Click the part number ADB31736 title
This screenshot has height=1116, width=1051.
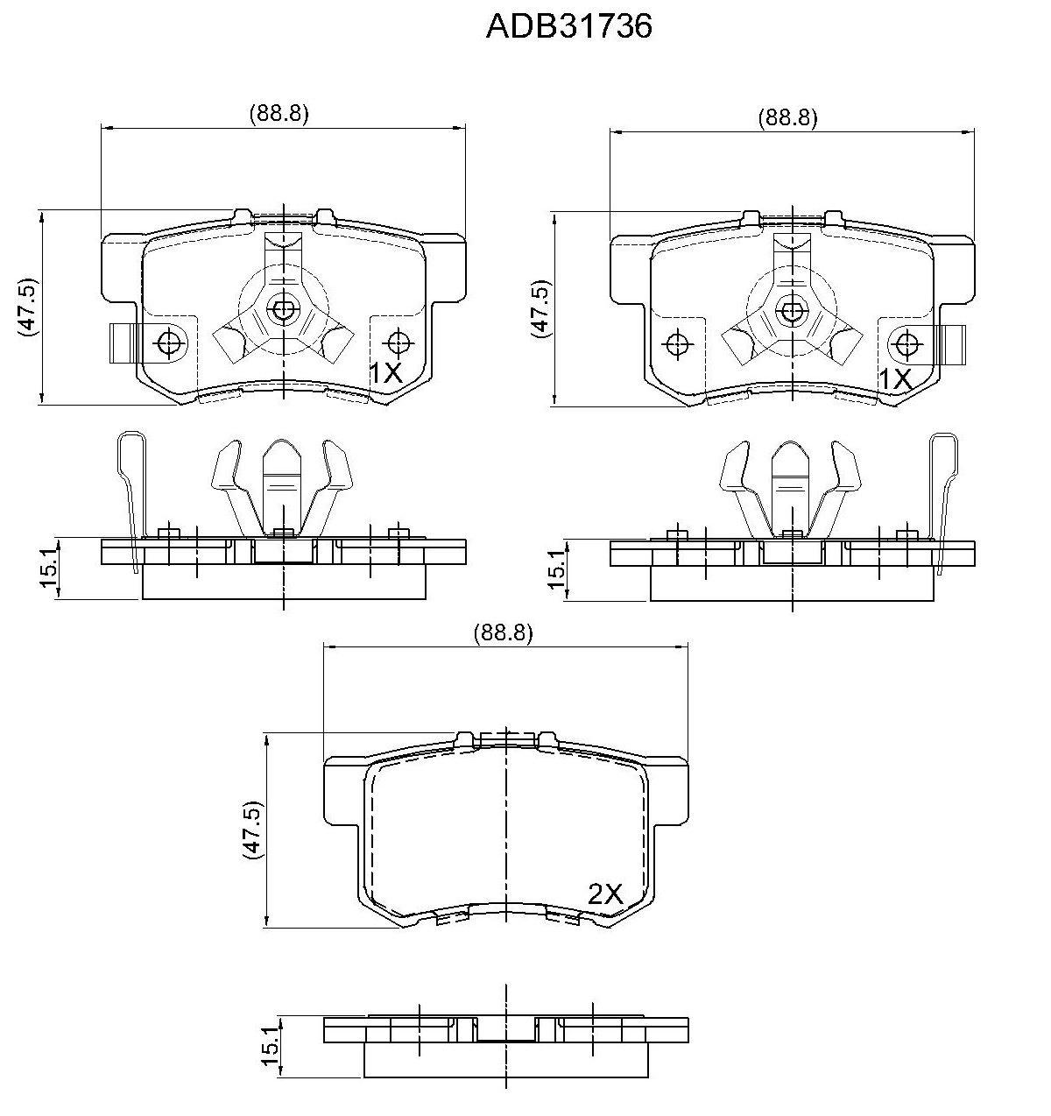568,26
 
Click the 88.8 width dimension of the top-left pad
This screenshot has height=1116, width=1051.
279,114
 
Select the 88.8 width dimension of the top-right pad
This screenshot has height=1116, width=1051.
788,117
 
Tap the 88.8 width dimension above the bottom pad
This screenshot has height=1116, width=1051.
503,633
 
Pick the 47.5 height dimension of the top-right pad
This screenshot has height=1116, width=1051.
541,308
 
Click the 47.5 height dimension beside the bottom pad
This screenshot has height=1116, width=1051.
252,830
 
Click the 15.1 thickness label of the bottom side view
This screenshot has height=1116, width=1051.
271,1045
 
